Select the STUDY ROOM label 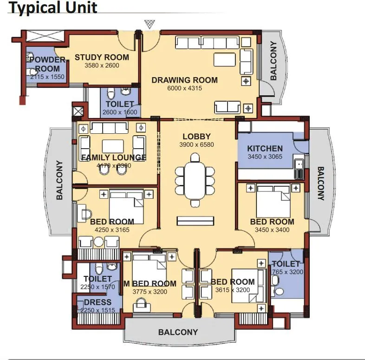coord(102,58)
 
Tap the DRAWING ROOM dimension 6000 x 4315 coord(184,88)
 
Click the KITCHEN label coord(265,149)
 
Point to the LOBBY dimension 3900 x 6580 coord(196,144)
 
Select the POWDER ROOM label coord(47,64)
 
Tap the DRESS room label coord(98,302)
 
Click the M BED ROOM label coord(150,283)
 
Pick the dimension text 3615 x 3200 coord(233,290)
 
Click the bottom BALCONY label coord(178,332)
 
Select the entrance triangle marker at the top coord(149,24)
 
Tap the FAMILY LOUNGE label coord(114,157)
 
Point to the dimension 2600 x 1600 coord(119,112)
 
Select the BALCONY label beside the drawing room coord(274,61)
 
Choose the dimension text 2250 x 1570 coord(98,287)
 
